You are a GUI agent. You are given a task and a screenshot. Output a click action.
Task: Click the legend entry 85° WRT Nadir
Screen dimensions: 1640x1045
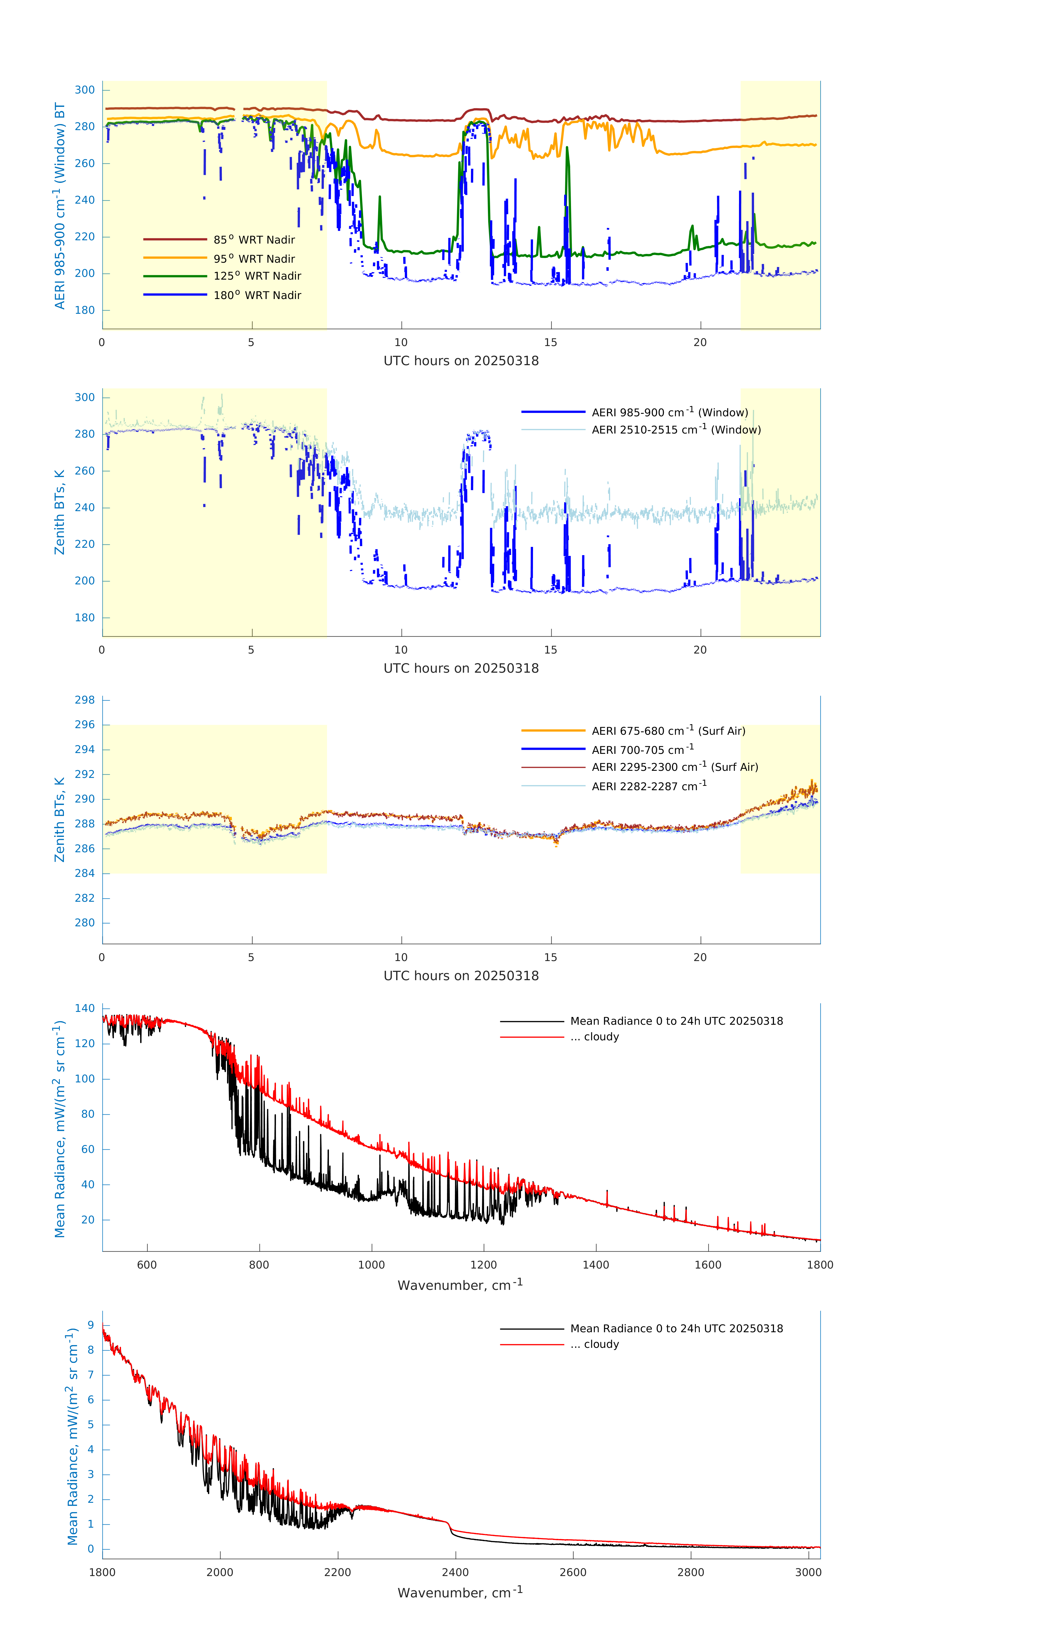pos(254,240)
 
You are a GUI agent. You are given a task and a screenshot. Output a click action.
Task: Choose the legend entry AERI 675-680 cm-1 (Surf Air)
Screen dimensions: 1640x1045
pos(668,731)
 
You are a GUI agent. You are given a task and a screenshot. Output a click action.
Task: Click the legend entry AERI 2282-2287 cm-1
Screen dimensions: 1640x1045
pos(649,786)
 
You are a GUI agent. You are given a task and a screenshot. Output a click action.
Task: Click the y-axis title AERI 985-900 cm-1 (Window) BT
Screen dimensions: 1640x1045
pos(60,206)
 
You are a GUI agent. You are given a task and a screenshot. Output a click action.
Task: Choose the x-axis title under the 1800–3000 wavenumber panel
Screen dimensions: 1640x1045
pos(460,1592)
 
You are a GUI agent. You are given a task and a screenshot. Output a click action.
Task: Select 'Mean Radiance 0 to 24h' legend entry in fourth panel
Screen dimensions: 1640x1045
pos(676,1021)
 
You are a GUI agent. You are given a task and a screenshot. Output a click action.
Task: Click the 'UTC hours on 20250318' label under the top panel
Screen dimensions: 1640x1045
pos(461,361)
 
